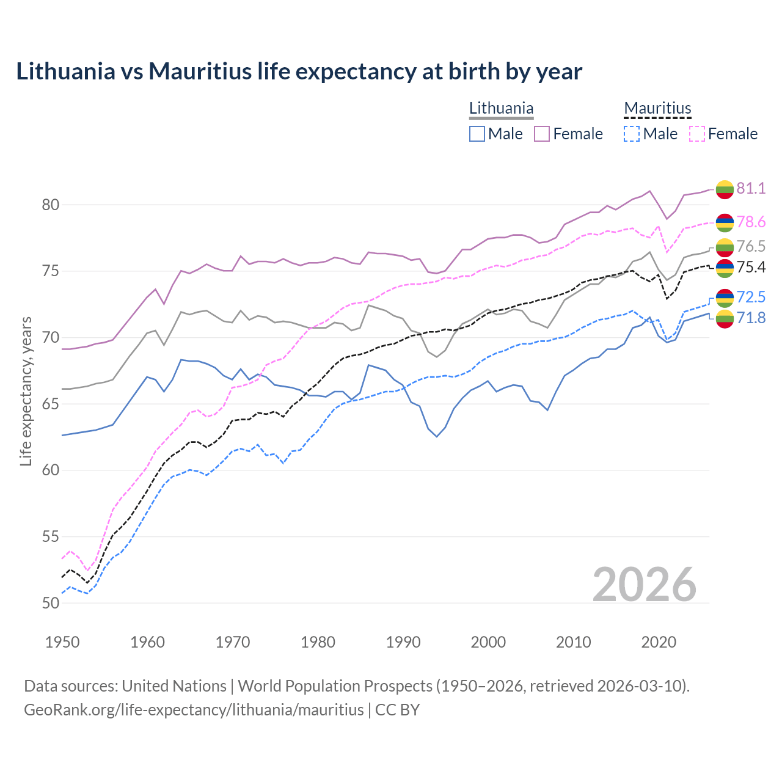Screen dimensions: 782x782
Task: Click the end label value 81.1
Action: click(x=751, y=188)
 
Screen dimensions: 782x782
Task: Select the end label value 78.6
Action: click(x=751, y=222)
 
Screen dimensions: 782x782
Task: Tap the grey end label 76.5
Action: click(x=751, y=246)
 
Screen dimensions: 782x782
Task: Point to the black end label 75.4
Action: click(x=751, y=267)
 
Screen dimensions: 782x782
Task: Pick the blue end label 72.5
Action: click(x=751, y=297)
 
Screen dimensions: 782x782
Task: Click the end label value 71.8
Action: click(x=751, y=318)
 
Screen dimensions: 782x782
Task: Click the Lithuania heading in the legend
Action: click(x=501, y=108)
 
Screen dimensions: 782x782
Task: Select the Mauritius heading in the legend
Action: click(x=657, y=108)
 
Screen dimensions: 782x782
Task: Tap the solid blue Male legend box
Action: click(x=477, y=134)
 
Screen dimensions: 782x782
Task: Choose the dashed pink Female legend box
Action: click(x=696, y=134)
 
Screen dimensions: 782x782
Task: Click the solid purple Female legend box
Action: click(x=542, y=134)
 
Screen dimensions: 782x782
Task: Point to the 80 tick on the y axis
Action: click(x=51, y=205)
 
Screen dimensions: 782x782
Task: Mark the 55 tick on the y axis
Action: click(x=51, y=536)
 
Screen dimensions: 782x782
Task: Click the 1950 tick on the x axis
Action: click(x=62, y=642)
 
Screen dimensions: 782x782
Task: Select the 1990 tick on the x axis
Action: click(x=403, y=642)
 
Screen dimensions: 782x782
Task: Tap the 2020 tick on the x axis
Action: click(x=659, y=642)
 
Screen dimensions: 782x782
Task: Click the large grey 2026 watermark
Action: click(x=644, y=585)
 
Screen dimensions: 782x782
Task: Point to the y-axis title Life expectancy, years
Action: click(x=26, y=391)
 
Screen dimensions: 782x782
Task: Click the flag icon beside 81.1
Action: click(x=725, y=189)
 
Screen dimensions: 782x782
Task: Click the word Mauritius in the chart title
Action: click(x=200, y=71)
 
